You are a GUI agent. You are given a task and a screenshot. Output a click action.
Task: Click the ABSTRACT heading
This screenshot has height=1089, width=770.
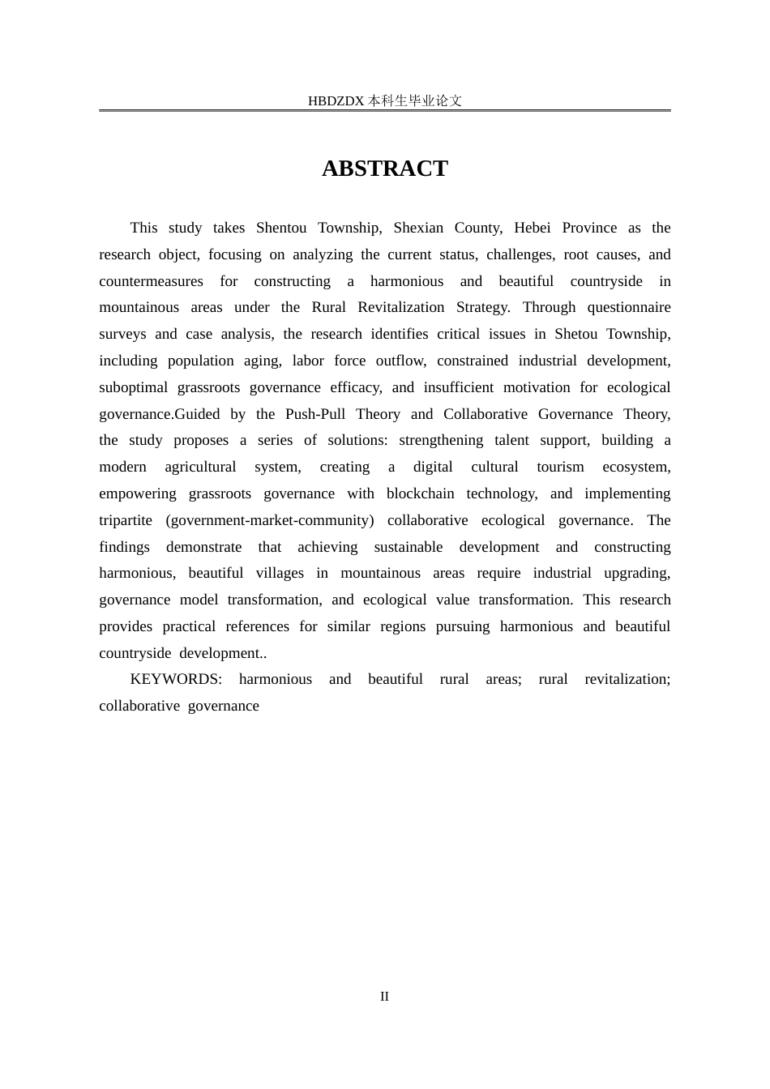384,169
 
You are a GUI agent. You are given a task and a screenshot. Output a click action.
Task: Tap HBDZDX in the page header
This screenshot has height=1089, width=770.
336,101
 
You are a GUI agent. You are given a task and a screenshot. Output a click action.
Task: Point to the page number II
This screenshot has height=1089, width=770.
384,997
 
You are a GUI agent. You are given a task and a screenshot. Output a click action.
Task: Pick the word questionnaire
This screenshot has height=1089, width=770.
629,307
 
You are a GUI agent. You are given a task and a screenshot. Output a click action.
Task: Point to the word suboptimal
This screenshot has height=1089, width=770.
133,387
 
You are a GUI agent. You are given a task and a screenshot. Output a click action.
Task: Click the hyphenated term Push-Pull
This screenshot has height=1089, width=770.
315,414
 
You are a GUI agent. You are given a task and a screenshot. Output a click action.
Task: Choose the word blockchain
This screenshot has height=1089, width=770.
420,493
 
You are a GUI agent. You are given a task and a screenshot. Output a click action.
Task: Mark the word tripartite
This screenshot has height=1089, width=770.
126,520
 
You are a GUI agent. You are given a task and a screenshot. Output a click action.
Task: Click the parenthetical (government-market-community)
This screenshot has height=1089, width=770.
270,520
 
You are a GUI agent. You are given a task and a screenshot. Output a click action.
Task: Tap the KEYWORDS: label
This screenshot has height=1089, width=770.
176,679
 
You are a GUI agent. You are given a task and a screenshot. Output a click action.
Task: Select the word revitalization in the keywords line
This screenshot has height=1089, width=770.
627,679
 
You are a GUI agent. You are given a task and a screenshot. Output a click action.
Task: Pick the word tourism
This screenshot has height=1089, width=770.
560,467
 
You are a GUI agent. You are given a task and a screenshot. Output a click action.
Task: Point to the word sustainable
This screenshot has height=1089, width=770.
408,547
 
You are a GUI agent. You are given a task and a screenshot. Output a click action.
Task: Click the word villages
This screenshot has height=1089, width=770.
280,573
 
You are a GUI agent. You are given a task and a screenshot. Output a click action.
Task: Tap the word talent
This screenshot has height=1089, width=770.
511,440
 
